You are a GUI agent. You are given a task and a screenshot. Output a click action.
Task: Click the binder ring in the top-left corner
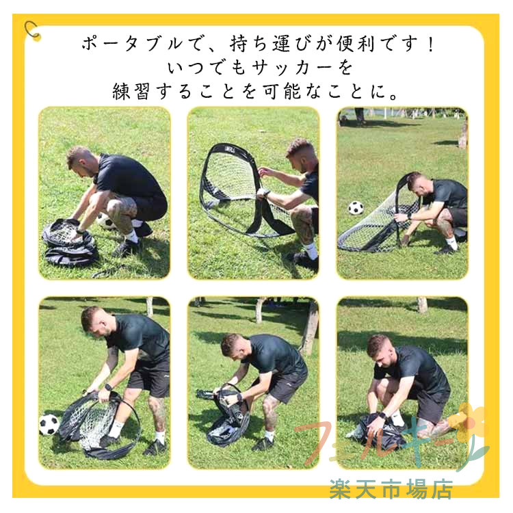click(x=29, y=28)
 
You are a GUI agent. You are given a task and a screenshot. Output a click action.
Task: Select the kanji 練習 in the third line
click(x=131, y=91)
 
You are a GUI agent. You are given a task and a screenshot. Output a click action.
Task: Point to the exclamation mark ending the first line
click(x=430, y=44)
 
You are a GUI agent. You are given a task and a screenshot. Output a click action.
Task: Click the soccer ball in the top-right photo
click(x=356, y=208)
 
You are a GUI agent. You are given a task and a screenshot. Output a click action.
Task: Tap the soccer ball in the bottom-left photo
click(x=49, y=424)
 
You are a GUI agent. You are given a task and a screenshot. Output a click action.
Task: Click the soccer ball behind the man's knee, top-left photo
click(x=105, y=222)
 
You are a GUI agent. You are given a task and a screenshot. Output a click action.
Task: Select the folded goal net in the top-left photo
click(x=69, y=241)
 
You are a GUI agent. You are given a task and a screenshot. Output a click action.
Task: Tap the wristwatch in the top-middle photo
click(x=266, y=193)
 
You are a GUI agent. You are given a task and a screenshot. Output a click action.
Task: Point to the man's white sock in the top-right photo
click(x=451, y=242)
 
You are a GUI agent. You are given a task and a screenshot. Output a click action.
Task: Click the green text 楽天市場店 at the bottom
click(x=391, y=489)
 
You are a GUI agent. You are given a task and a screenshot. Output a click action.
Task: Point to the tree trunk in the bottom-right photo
click(x=422, y=304)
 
